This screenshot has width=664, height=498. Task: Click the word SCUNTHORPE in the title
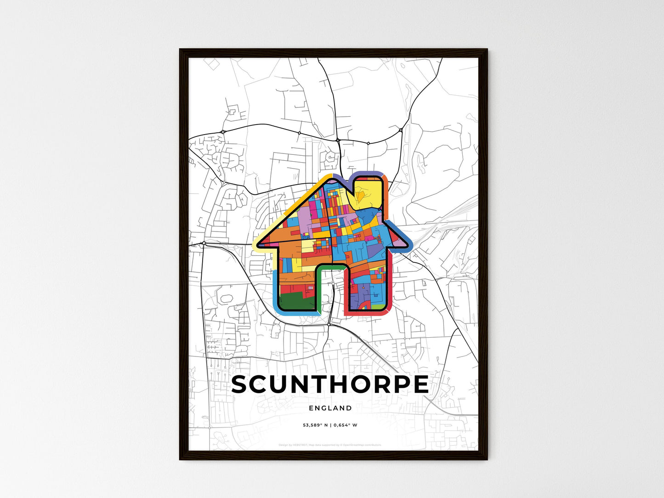pos(330,385)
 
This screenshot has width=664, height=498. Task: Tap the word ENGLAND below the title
pos(330,408)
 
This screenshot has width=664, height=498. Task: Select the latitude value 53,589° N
pos(315,425)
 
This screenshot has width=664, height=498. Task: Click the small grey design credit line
pos(330,445)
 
